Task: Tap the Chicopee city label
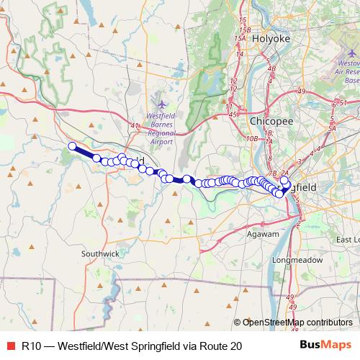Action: pos(271,121)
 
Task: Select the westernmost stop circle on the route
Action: pos(72,147)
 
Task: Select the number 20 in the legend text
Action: pos(235,346)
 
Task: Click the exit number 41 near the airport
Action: pos(134,126)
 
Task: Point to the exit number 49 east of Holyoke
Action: pos(301,91)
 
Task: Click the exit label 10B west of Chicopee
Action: pos(251,138)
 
